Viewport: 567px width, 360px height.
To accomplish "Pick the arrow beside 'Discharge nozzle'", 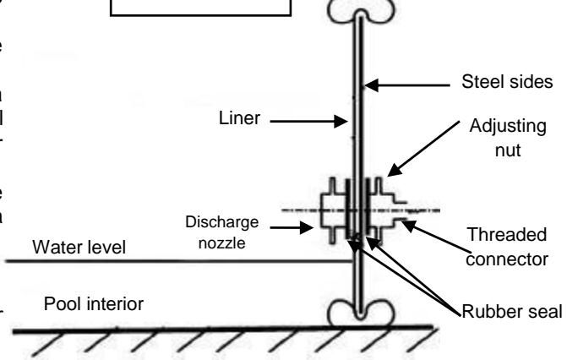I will coord(302,226).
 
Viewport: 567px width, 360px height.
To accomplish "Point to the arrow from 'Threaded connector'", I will coord(423,224).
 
